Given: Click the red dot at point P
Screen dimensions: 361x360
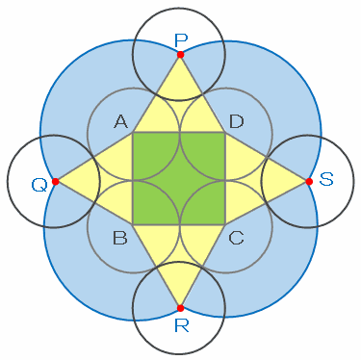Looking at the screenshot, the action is (180, 55).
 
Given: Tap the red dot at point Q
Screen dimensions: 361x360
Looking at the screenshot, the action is (56, 182).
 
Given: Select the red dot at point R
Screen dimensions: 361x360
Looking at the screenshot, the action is (180, 308).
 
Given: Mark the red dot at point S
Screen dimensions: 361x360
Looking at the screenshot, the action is (309, 182).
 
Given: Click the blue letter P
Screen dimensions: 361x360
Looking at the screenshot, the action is (181, 40).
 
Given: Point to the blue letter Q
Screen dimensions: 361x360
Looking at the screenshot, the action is (39, 186).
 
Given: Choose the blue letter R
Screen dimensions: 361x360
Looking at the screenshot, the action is (182, 325).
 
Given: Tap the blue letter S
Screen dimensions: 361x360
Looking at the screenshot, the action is (326, 179).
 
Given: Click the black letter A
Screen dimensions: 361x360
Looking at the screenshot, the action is (120, 122).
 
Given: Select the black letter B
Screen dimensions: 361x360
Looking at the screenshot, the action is (120, 238).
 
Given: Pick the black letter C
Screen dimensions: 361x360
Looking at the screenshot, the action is (237, 238).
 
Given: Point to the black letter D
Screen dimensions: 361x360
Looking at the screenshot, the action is (237, 122).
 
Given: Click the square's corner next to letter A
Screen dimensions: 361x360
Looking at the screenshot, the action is (133, 132).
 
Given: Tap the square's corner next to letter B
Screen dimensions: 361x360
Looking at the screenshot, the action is (133, 224).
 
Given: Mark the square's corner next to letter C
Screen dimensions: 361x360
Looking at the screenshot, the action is (225, 224).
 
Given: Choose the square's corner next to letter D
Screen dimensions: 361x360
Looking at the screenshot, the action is (225, 132).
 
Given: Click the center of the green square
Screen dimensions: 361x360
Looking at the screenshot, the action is (179, 178).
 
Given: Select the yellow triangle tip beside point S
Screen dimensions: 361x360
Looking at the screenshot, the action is (307, 182).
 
